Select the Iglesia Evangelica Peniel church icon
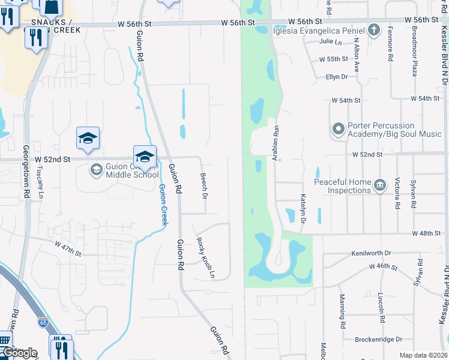click(x=374, y=30)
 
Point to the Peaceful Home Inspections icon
click(x=379, y=186)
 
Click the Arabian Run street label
click(x=277, y=143)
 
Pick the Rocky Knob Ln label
click(x=206, y=258)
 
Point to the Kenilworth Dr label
click(x=371, y=253)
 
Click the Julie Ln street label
click(x=330, y=41)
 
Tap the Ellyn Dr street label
click(x=336, y=77)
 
